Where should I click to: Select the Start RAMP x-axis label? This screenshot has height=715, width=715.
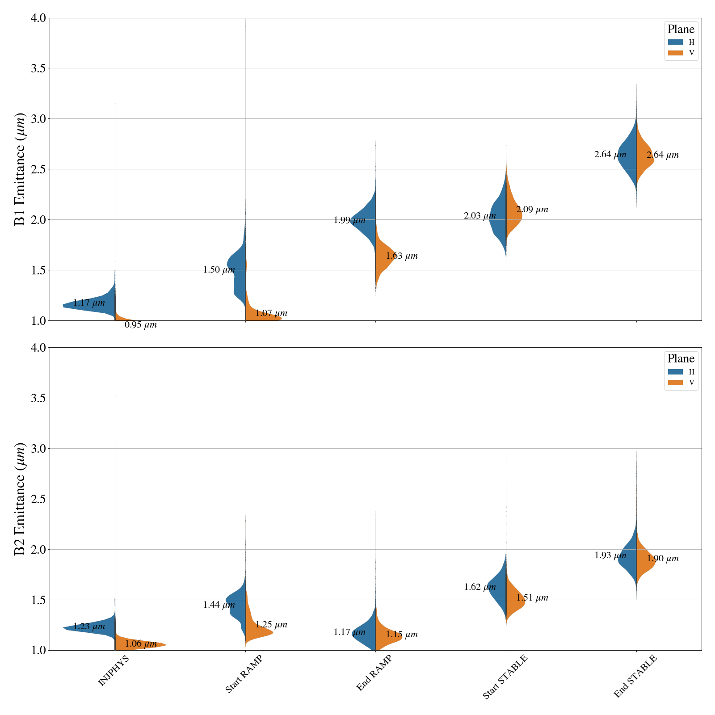pos(244,674)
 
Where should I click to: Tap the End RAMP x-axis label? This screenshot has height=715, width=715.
pos(374,673)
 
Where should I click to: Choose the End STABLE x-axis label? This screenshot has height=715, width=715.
pos(635,676)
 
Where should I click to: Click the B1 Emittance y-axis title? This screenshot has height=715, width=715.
pos(20,169)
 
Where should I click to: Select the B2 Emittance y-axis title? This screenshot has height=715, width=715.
pos(20,499)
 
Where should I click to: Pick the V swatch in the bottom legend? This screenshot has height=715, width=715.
pos(675,383)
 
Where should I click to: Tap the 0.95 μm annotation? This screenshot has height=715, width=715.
pos(140,325)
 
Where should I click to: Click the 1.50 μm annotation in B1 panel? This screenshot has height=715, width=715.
pos(219,269)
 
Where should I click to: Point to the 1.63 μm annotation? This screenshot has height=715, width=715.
pos(402,256)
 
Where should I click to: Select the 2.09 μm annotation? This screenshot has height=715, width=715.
pos(532,210)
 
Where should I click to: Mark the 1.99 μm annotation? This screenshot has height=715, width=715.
pos(349,220)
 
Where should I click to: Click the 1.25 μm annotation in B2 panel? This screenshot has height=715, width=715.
pos(271,625)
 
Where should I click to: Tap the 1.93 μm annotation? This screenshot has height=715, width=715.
pos(610,555)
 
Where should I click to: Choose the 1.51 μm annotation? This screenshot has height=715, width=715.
pos(532,598)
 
